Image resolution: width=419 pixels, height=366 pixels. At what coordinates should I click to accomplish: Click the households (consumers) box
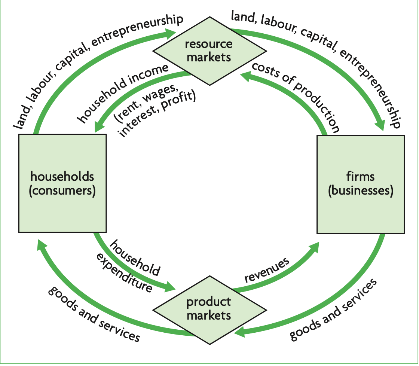pos(62,183)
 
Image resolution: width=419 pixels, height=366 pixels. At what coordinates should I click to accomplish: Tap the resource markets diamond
pos(209,51)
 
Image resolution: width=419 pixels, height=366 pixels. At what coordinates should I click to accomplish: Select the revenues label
pos(267,270)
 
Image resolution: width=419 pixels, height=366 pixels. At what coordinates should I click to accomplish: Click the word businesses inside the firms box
pos(361,191)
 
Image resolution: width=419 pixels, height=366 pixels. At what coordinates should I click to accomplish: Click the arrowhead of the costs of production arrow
pos(245,76)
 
